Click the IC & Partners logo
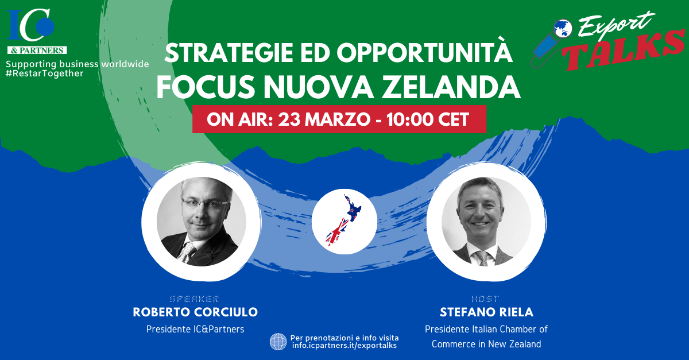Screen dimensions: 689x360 (37, 32)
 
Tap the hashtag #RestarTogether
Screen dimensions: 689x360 (45, 73)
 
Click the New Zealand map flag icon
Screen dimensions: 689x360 (344, 221)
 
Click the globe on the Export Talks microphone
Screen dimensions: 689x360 (563, 29)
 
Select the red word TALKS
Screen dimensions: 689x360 (625, 50)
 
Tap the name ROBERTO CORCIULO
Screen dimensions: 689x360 (195, 312)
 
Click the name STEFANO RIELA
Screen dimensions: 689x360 (486, 312)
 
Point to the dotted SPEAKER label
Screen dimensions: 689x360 (195, 299)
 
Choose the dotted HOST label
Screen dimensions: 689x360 (485, 299)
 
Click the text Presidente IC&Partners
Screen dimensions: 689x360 (195, 329)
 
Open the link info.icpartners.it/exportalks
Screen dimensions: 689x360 (344, 346)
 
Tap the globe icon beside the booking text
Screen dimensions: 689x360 (278, 342)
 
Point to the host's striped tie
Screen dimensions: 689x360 (483, 258)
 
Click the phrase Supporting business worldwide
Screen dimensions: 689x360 (77, 64)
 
